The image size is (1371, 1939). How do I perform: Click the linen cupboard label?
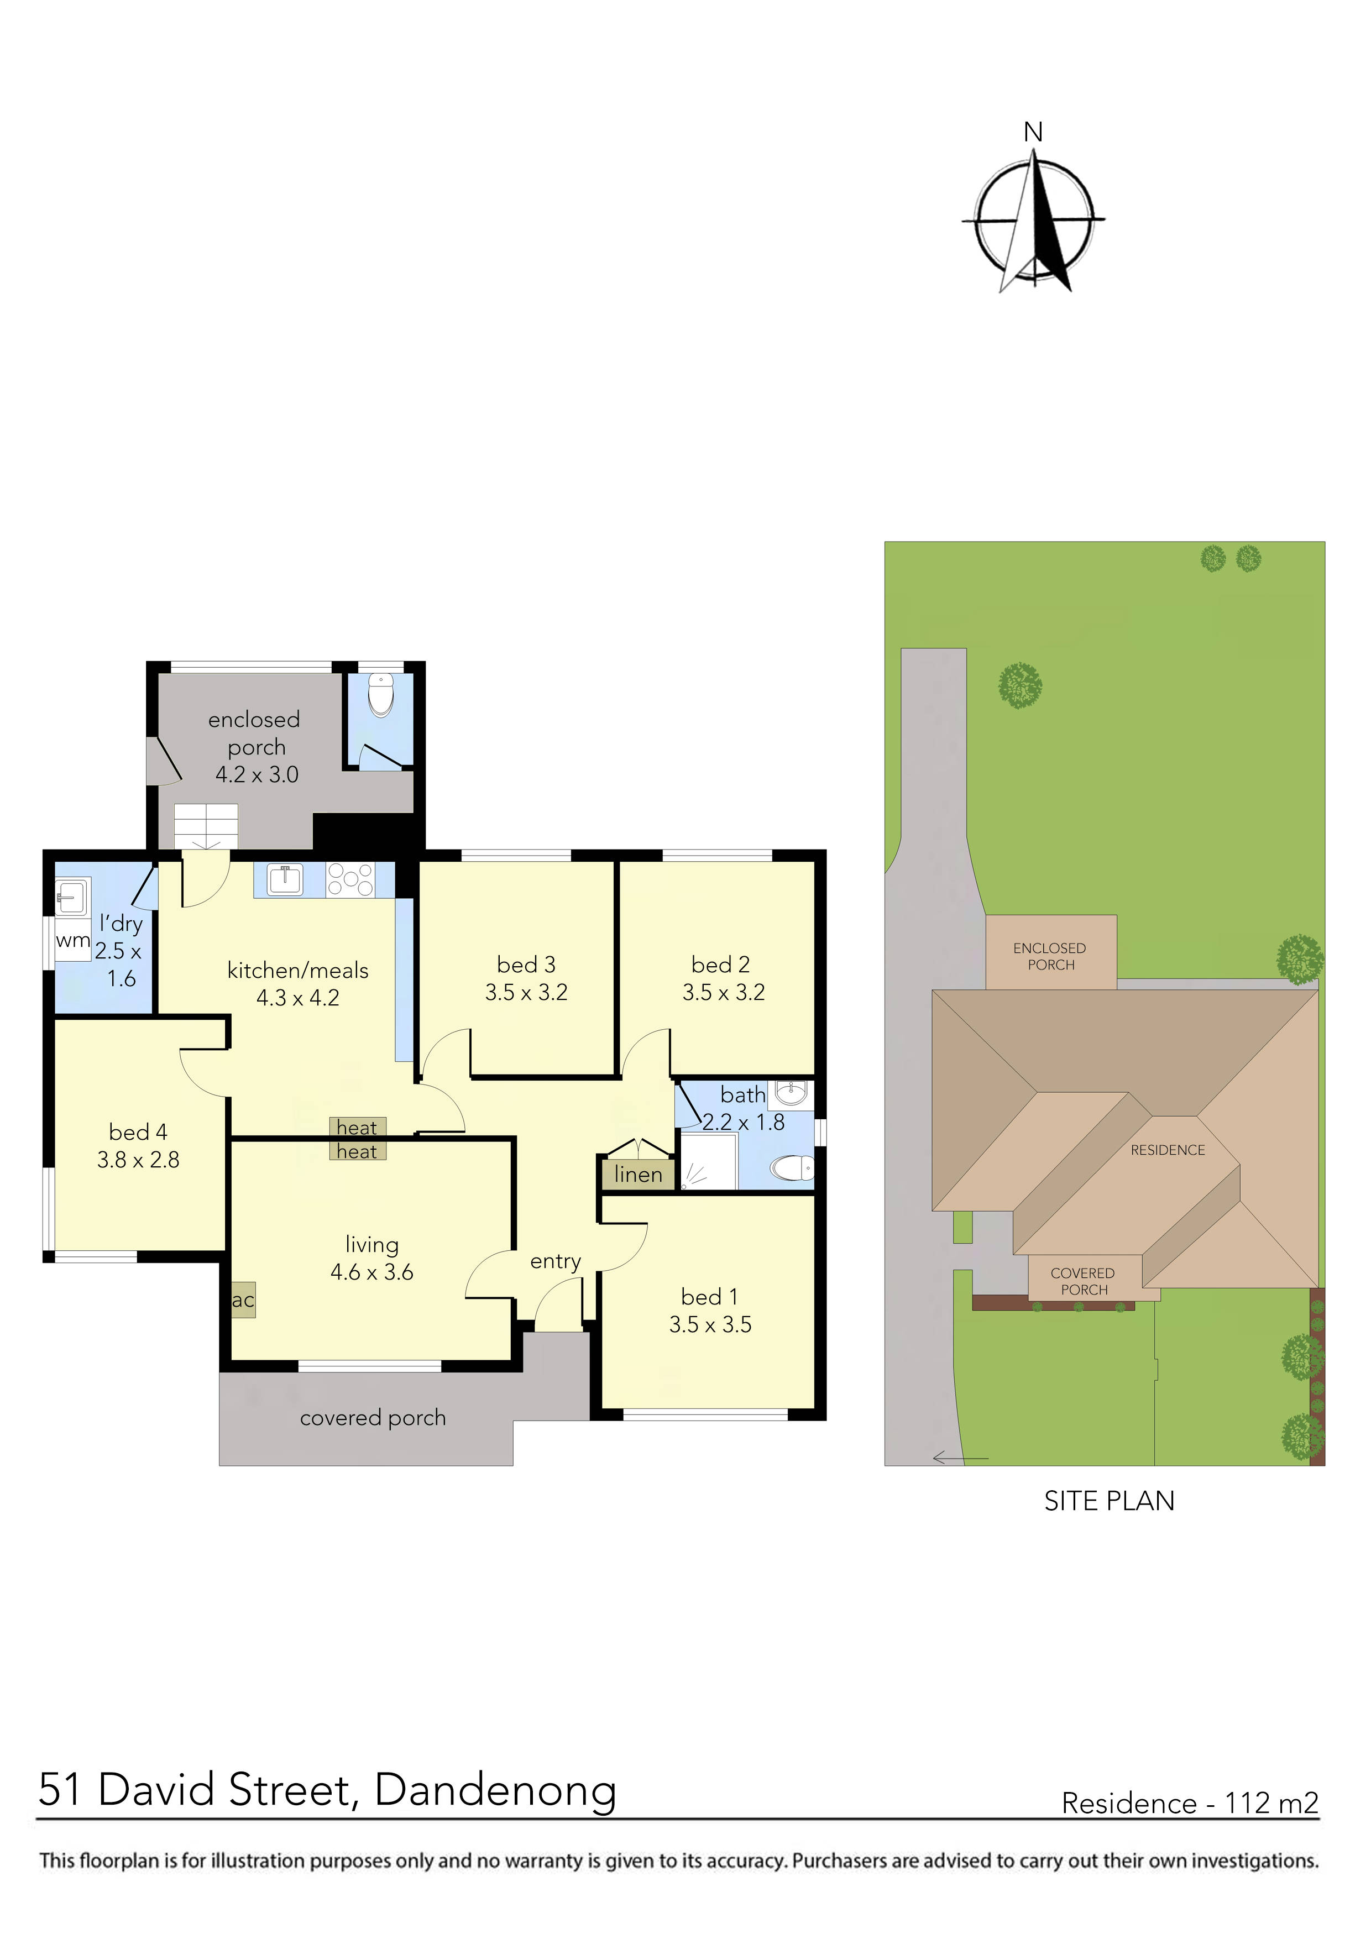[638, 1175]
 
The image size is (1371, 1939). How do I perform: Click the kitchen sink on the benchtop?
[285, 879]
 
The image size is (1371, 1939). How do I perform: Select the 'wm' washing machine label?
[72, 940]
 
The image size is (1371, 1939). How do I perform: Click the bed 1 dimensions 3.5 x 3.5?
[710, 1324]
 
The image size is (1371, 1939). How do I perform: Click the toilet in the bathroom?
[792, 1169]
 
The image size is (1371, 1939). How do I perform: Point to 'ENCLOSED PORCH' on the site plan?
[1050, 956]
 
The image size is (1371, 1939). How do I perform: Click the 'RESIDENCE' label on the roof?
[1168, 1150]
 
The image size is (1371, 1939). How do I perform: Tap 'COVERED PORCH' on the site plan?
[1083, 1281]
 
